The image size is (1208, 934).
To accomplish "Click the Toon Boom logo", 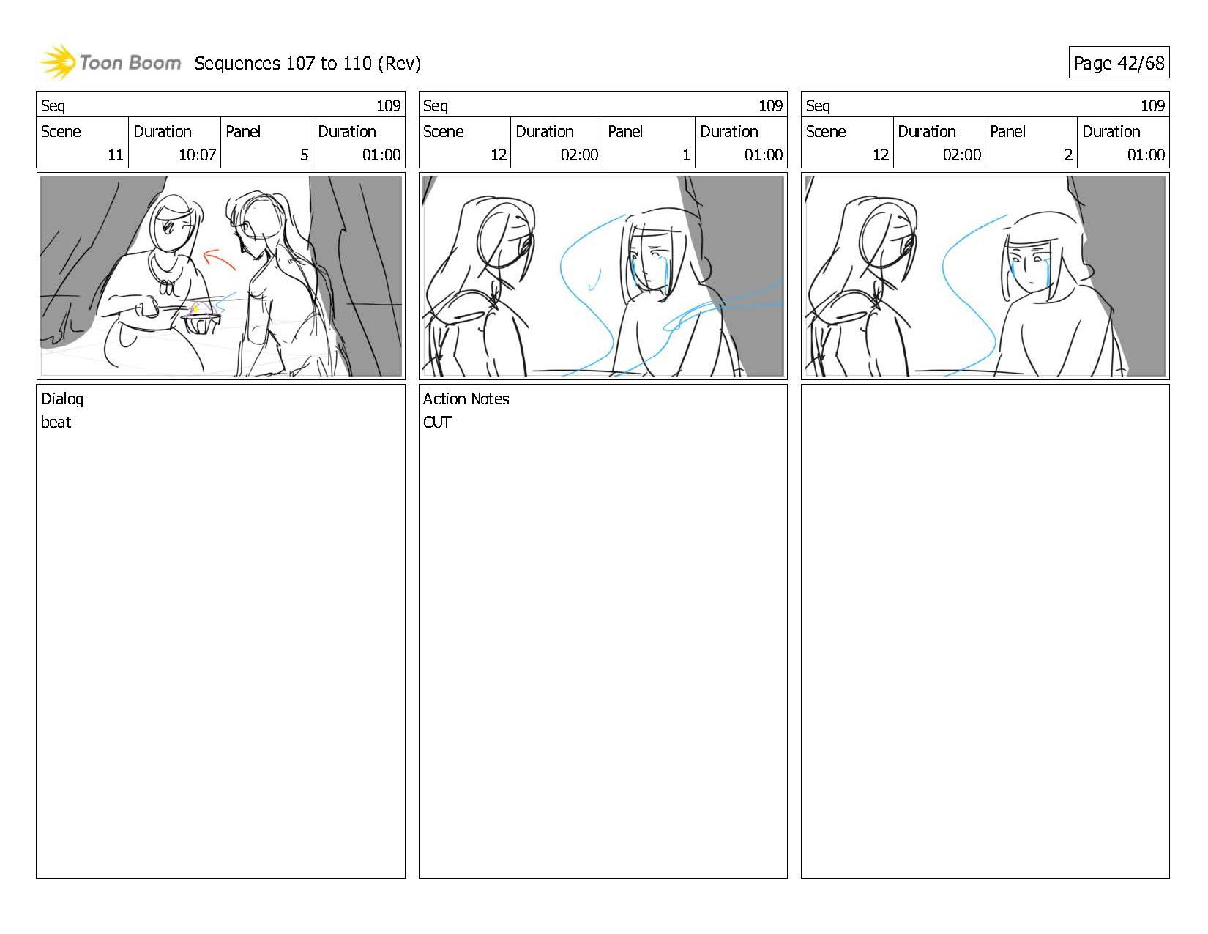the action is click(x=111, y=62).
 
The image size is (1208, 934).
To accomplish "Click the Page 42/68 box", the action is click(x=1119, y=62).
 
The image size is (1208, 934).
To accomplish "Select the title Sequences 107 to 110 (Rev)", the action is click(x=307, y=64).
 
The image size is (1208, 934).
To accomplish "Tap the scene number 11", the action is click(x=115, y=155).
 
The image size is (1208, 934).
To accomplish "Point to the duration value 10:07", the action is click(x=197, y=155).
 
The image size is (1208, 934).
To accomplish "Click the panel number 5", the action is click(x=304, y=155).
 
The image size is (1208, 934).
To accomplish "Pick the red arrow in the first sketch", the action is click(x=218, y=259).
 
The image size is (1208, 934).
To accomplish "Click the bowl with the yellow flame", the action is click(x=201, y=321).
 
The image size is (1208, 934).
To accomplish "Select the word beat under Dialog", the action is click(x=56, y=422).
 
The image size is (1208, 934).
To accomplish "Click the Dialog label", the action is click(x=61, y=399).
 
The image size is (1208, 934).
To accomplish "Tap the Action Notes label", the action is click(x=466, y=399).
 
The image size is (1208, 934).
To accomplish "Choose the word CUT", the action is click(x=437, y=422).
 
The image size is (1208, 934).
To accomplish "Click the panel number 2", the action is click(x=1068, y=155).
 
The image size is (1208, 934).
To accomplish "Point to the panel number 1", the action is click(x=686, y=155).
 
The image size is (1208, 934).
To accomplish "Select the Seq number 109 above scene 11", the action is click(x=388, y=105).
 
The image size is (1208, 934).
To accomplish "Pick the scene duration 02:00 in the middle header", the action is click(x=579, y=155).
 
